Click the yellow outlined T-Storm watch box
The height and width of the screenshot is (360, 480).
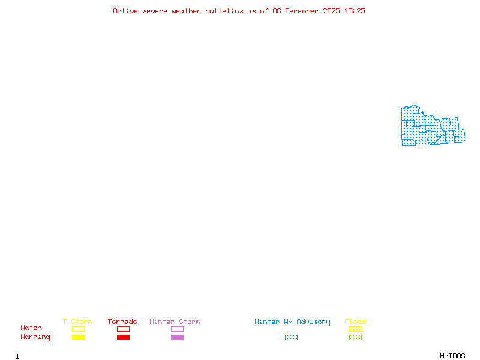[78, 329]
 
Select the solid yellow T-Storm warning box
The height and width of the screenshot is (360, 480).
[78, 338]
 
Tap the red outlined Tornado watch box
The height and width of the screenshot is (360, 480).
[123, 329]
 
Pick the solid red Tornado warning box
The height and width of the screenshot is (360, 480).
[123, 338]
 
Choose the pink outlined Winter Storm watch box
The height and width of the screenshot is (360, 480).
[177, 329]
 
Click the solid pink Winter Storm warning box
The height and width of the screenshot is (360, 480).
[177, 338]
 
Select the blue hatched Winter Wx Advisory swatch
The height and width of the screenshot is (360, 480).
[291, 338]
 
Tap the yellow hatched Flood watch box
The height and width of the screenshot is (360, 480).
[355, 329]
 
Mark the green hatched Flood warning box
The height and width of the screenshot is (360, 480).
[355, 338]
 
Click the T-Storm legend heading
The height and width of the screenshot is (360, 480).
[77, 322]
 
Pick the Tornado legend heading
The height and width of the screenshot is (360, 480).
[122, 322]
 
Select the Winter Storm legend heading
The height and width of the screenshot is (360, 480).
[175, 322]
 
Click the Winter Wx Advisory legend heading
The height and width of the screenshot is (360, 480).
[292, 322]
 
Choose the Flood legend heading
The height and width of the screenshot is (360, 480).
[355, 322]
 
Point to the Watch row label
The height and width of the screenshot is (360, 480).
[31, 328]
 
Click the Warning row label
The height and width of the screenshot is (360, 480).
[35, 337]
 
